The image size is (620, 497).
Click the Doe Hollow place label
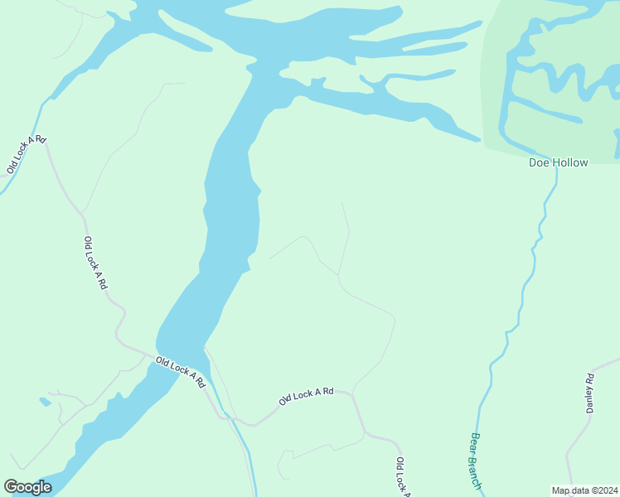click(559, 162)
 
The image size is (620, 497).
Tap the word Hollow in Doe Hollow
click(570, 162)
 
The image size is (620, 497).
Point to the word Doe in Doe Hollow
click(539, 162)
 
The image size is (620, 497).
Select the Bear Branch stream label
click(476, 461)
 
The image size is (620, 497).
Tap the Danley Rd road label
click(591, 393)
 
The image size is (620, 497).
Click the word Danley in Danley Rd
click(591, 398)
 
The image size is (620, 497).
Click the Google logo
click(27, 487)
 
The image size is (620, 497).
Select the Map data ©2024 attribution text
click(584, 490)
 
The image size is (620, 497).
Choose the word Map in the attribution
click(561, 490)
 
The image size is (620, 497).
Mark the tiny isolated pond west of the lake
click(45, 402)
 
